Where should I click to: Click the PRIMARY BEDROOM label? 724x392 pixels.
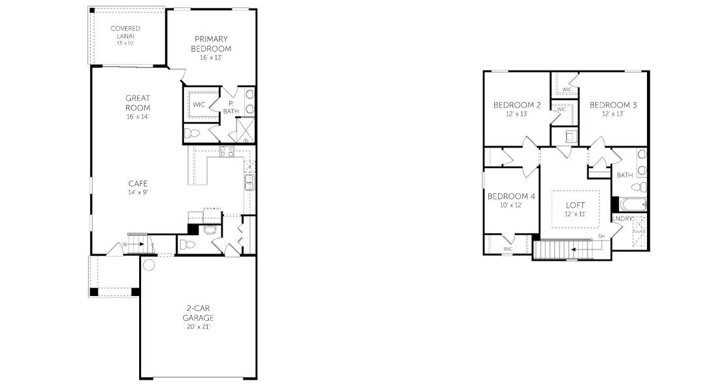coord(212,44)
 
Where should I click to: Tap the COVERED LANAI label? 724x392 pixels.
coord(125,33)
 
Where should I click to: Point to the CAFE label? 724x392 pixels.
coord(136,184)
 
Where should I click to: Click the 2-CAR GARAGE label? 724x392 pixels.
coord(198,313)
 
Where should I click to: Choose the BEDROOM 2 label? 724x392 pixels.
coord(516,105)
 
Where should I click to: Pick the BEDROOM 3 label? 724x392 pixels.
coord(613,105)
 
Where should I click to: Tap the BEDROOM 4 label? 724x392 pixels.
coord(512,197)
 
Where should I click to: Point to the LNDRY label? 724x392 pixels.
coord(623,219)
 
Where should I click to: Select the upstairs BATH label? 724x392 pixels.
coord(625,175)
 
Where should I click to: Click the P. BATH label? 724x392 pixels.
coord(232,107)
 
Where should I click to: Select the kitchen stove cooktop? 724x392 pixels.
coord(227,152)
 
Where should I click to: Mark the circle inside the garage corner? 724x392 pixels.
coord(149,266)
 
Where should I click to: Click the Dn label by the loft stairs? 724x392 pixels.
coord(601,237)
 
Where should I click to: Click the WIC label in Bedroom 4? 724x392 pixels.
coord(509,249)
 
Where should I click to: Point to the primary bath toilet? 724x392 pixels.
coord(191,133)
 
